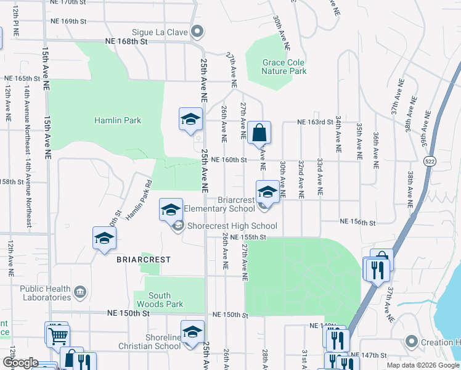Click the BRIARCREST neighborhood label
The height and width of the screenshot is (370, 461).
[x=143, y=260]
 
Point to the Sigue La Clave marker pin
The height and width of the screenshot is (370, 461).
[x=197, y=31]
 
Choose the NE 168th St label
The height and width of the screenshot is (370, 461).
[x=127, y=42]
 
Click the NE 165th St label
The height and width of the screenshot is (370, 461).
[x=26, y=79]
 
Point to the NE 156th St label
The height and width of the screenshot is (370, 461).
[x=357, y=222]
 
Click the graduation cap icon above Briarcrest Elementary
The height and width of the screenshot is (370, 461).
[x=267, y=191]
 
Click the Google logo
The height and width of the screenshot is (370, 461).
[x=21, y=363]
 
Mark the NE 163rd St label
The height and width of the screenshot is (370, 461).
[x=316, y=122]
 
